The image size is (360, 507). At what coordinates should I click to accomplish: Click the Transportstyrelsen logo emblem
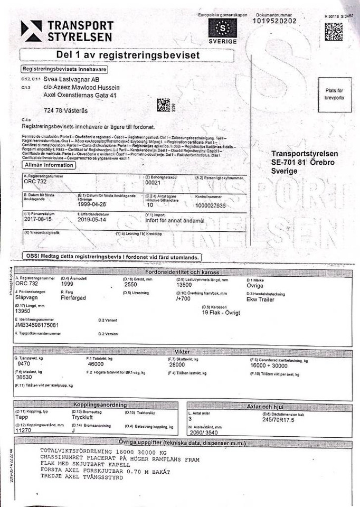point(31,31)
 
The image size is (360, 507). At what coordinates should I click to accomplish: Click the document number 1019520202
point(274,21)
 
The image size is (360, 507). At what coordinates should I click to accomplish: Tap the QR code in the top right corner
point(333,32)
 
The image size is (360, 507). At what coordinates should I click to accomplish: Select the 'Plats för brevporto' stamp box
point(334,95)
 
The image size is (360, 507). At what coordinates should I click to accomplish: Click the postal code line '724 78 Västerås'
point(66,110)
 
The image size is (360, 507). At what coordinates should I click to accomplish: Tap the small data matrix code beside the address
point(164,105)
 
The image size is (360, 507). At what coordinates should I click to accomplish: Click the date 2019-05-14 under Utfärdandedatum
point(92,219)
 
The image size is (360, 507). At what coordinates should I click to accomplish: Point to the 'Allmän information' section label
point(48,165)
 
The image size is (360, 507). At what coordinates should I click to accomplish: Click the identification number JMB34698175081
point(37,325)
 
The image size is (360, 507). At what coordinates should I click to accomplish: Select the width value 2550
point(130,284)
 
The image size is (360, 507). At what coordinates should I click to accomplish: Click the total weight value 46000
point(96,364)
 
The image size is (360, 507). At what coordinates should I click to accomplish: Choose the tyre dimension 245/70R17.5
point(279,420)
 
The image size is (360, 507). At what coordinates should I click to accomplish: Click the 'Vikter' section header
point(182,351)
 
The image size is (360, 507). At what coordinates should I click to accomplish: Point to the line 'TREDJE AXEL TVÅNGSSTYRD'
point(81,477)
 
